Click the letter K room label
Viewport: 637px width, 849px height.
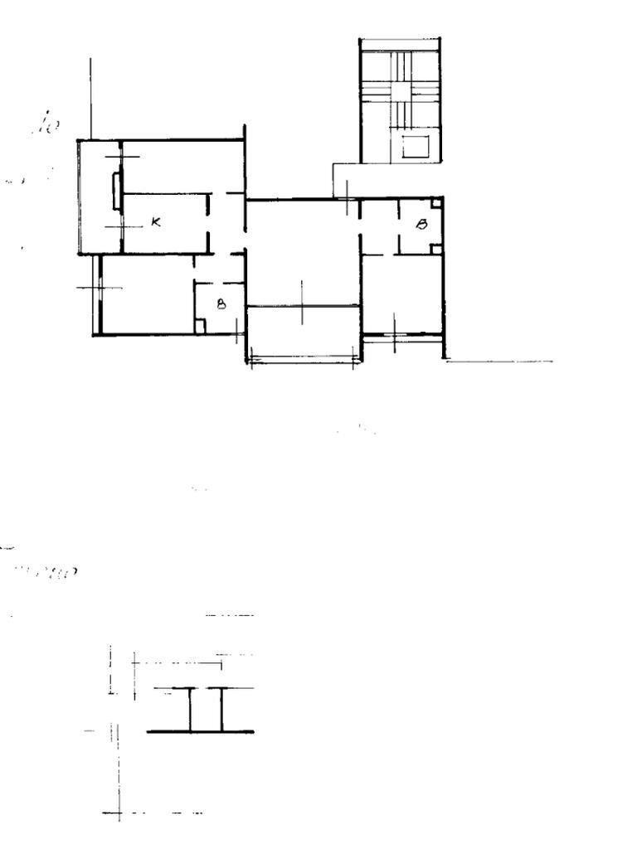pos(156,222)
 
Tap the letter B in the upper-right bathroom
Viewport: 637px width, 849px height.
pos(421,224)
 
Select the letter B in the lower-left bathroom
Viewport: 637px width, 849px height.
pos(221,304)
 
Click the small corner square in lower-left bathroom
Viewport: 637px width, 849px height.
pos(199,327)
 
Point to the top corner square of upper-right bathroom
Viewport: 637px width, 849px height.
pos(436,202)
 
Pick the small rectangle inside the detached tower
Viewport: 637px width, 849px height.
pos(414,148)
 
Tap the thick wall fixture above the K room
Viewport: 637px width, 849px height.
pos(116,190)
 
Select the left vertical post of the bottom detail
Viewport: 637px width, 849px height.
pos(190,710)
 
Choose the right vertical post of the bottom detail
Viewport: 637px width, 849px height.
pos(221,710)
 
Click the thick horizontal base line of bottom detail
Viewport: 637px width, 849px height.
pos(201,732)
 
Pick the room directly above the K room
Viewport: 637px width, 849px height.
pos(182,166)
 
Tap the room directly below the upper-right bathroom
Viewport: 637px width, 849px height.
pos(403,294)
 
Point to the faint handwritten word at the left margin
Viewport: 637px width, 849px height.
pos(50,571)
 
